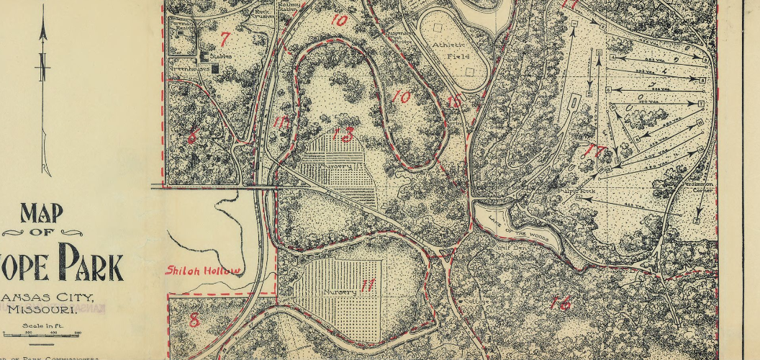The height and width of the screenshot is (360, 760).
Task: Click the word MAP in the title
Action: pyautogui.click(x=42, y=215)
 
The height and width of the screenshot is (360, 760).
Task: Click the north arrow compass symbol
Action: pyautogui.click(x=44, y=94)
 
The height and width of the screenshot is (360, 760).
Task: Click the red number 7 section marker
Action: pyautogui.click(x=225, y=40)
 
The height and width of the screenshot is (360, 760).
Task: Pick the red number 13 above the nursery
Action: pyautogui.click(x=343, y=134)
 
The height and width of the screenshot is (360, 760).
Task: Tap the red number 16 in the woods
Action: pyautogui.click(x=559, y=303)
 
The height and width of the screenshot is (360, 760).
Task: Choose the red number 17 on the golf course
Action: pyautogui.click(x=594, y=151)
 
